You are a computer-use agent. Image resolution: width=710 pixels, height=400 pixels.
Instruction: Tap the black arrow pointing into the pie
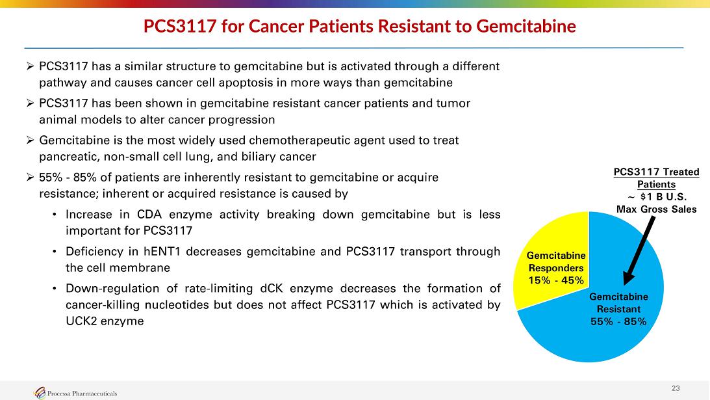pos(639,251)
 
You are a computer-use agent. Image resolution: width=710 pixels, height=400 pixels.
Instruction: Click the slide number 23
pos(676,388)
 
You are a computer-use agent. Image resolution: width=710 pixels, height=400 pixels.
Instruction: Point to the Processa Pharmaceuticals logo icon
pos(40,393)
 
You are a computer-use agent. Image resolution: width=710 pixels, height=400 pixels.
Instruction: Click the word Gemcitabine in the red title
pos(526,26)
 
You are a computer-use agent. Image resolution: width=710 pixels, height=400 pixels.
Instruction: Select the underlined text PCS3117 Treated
pos(656,172)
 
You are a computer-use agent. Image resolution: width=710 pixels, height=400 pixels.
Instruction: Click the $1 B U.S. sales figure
pos(663,197)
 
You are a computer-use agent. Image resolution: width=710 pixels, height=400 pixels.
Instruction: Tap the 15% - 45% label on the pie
pos(556,280)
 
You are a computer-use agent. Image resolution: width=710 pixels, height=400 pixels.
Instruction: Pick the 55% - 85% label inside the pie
pos(618,321)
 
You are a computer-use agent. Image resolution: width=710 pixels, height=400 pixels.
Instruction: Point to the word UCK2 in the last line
pos(81,321)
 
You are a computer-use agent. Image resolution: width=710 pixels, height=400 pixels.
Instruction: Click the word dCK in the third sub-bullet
pos(272,288)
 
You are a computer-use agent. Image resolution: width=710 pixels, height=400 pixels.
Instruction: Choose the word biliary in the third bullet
pos(258,157)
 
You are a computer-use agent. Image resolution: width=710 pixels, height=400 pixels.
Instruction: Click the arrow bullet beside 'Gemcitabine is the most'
pos(31,140)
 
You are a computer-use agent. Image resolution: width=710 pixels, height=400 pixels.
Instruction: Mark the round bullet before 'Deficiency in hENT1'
pos(55,251)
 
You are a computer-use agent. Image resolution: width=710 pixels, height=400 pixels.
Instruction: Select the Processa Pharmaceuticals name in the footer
pos(82,393)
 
